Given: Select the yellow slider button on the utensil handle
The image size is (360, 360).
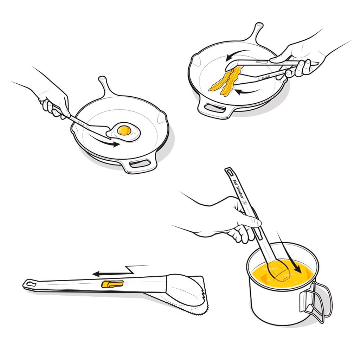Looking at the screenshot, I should tap(112, 284).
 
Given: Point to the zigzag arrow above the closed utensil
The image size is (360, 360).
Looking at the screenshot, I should tap(120, 272).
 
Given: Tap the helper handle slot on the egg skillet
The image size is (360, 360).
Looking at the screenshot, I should tap(140, 163).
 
